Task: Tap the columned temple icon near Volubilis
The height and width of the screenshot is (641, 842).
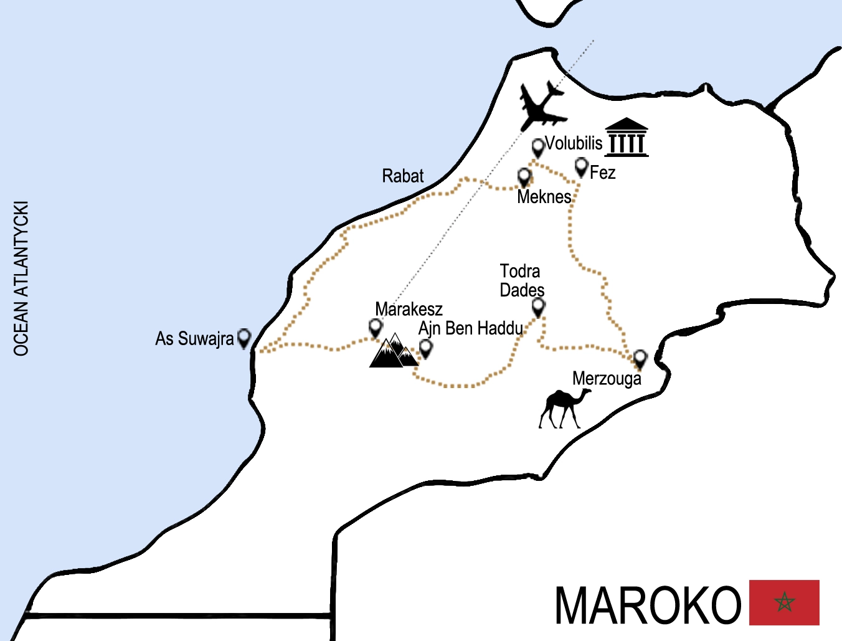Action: click(x=627, y=137)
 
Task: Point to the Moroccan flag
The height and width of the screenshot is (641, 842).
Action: click(x=783, y=602)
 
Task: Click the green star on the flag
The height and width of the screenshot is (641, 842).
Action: click(x=784, y=602)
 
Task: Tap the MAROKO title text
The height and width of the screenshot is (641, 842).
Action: click(x=648, y=605)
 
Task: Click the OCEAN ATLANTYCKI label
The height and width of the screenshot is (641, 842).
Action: click(x=21, y=278)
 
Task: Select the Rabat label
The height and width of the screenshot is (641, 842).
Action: click(x=402, y=176)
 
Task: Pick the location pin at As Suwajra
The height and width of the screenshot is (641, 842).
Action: click(x=244, y=337)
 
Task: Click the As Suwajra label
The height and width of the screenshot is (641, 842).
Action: click(x=194, y=339)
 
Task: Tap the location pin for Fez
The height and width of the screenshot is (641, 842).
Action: click(x=581, y=166)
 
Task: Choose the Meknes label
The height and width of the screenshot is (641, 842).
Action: click(x=544, y=197)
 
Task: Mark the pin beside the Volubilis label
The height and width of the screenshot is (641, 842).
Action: click(x=538, y=148)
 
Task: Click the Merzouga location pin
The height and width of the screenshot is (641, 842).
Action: click(x=640, y=358)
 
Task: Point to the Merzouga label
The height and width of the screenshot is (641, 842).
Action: click(x=607, y=379)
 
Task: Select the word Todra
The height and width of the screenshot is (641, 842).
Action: click(x=520, y=272)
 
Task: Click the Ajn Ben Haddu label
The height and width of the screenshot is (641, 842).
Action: click(x=471, y=328)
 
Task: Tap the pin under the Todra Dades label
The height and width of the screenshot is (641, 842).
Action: click(x=538, y=306)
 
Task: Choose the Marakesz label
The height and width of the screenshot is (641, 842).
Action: click(x=409, y=309)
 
